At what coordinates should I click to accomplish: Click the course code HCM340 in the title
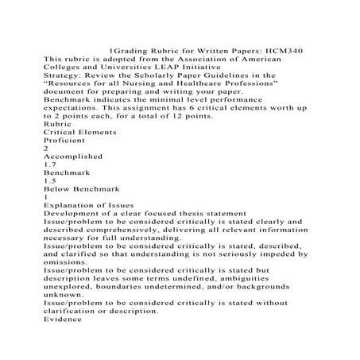click(x=281, y=49)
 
